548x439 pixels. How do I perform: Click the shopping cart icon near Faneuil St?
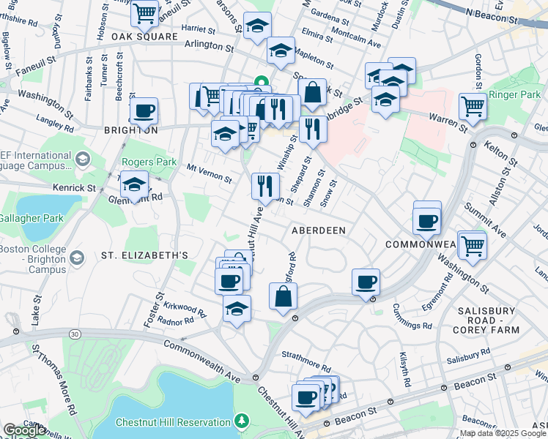pyautogui.click(x=145, y=12)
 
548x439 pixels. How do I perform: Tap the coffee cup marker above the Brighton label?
pyautogui.click(x=144, y=111)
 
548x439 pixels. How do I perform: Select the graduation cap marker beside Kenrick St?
pyautogui.click(x=134, y=185)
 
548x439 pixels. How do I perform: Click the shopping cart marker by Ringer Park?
pyautogui.click(x=473, y=106)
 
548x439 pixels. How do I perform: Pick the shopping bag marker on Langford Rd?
pyautogui.click(x=284, y=297)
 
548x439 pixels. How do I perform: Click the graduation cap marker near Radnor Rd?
pyautogui.click(x=237, y=309)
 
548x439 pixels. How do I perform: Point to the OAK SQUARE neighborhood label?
pyautogui.click(x=145, y=36)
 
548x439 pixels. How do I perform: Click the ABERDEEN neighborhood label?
pyautogui.click(x=318, y=230)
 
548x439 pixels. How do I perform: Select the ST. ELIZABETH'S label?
pyautogui.click(x=145, y=255)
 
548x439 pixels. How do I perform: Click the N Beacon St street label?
pyautogui.click(x=496, y=14)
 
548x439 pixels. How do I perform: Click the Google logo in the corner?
pyautogui.click(x=24, y=430)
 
